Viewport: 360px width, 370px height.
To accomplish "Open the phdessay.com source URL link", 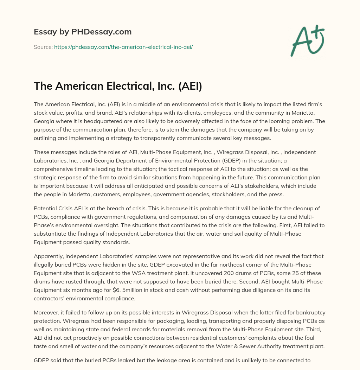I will (x=123, y=47).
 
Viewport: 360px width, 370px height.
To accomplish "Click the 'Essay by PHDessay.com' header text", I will (x=83, y=32).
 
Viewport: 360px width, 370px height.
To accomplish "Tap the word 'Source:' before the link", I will (x=43, y=47).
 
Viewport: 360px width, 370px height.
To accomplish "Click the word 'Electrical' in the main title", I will (x=115, y=87).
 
